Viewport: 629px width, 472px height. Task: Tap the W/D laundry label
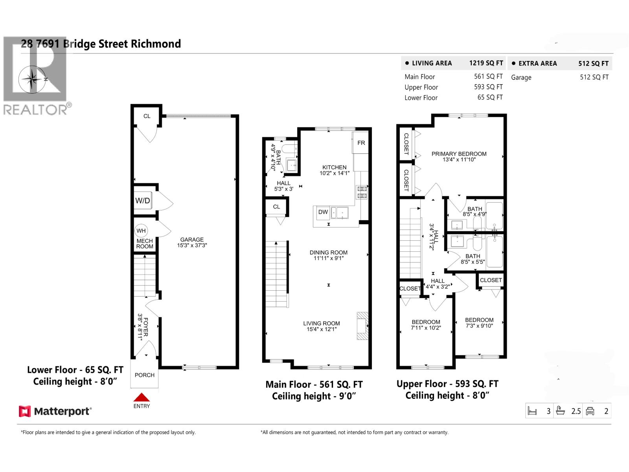[x=142, y=201]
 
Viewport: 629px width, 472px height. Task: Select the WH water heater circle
[x=141, y=231]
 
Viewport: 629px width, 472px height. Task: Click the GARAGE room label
[x=192, y=240]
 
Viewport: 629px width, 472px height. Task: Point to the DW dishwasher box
[x=323, y=212]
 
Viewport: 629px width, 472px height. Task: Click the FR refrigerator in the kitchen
[x=361, y=143]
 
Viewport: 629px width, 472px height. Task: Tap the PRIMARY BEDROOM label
[x=459, y=154]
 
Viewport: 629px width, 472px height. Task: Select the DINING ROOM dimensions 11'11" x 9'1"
[x=328, y=258]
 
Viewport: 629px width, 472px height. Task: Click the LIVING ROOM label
[x=321, y=323]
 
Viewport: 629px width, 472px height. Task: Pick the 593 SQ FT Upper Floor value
[x=488, y=87]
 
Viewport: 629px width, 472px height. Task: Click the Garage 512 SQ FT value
[x=594, y=77]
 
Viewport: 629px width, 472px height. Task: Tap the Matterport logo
[x=55, y=411]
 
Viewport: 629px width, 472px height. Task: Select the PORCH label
[x=144, y=375]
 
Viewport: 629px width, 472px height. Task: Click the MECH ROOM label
[x=145, y=244]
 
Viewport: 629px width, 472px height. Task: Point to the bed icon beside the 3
[x=532, y=411]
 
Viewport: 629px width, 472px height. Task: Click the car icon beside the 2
[x=590, y=411]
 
